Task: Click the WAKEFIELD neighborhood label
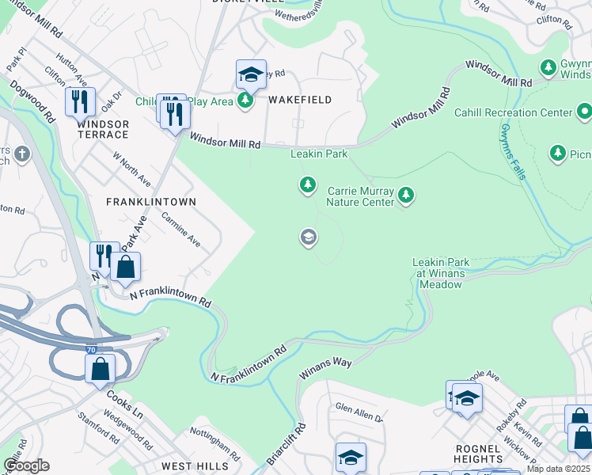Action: [x=299, y=100]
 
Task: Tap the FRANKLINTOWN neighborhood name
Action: [x=151, y=202]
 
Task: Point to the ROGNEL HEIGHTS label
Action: [x=479, y=454]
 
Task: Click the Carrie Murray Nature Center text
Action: [x=361, y=196]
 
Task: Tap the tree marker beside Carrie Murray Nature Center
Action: [x=406, y=195]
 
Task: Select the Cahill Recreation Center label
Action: [x=513, y=112]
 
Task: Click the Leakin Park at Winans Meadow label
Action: [x=441, y=273]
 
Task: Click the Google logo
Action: [x=27, y=465]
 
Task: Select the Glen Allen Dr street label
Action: [x=359, y=412]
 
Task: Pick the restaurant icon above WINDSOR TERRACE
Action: [x=80, y=101]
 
